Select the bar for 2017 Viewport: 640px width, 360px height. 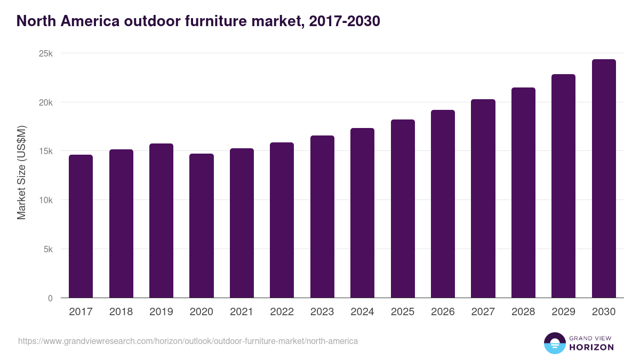[x=81, y=226]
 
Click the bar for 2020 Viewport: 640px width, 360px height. [x=201, y=226]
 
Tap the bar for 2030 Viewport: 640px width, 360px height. [x=604, y=179]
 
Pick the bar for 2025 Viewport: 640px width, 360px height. [x=403, y=209]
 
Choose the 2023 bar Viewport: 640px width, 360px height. [x=322, y=217]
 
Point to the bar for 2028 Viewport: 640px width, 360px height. [x=523, y=193]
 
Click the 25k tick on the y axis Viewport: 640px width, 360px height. [x=46, y=54]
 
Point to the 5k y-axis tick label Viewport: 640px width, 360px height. [x=48, y=249]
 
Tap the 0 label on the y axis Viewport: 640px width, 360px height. [x=50, y=298]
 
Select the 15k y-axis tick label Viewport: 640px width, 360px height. [x=46, y=151]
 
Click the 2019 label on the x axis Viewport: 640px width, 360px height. [x=161, y=312]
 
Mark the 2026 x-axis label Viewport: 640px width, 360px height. [x=443, y=312]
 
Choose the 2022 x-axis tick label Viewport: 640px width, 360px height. [x=282, y=312]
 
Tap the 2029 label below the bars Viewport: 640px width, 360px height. [x=563, y=312]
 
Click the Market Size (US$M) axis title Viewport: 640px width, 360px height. [x=21, y=172]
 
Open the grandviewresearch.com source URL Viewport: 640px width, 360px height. [x=188, y=341]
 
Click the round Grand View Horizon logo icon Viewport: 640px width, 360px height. [x=555, y=343]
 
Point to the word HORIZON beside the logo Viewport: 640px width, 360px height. [x=591, y=347]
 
